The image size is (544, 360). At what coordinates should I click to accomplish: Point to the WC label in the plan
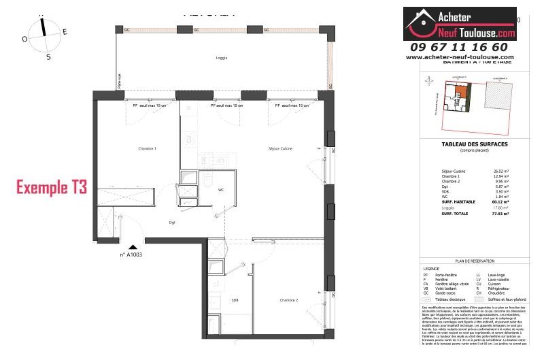point(221,191)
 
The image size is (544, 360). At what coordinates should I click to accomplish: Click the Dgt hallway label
point(173,223)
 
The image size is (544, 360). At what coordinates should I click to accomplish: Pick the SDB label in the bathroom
point(235,299)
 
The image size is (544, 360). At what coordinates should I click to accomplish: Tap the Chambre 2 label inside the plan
point(289,299)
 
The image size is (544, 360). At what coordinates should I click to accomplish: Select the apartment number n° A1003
point(131,255)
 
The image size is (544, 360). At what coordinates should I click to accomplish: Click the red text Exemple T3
point(51,188)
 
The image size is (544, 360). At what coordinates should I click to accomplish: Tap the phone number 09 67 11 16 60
point(459,47)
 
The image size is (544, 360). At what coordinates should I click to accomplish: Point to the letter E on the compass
point(65,31)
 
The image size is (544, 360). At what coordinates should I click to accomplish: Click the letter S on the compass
point(48,57)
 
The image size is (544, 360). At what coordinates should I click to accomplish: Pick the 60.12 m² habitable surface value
point(500,201)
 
